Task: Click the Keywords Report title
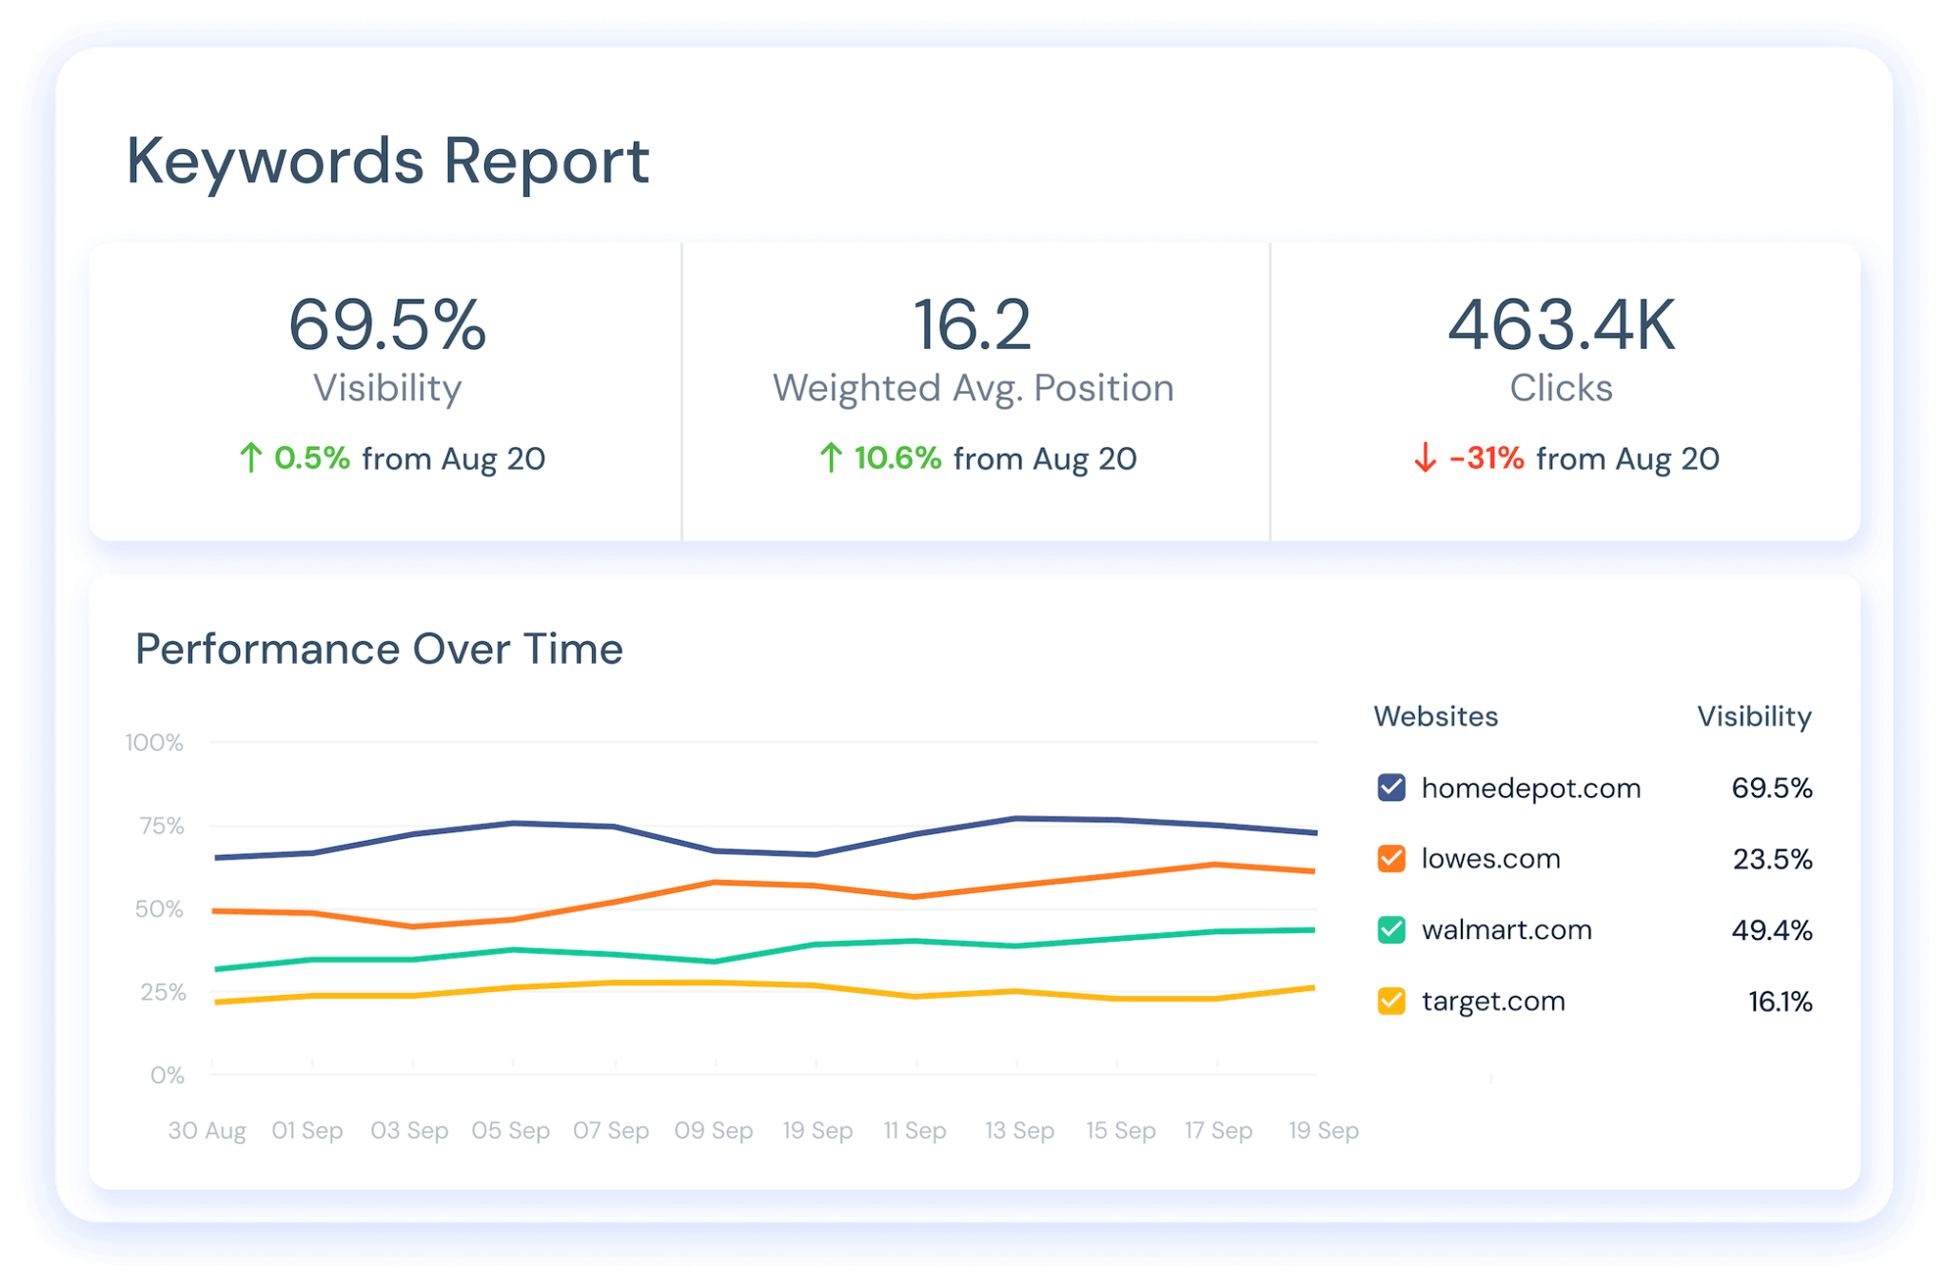click(387, 161)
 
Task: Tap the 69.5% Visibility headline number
click(387, 325)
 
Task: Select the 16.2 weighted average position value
click(972, 325)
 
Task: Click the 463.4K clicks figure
click(1561, 325)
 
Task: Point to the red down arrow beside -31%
click(1425, 458)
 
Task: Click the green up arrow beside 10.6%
click(831, 458)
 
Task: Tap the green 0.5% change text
click(312, 458)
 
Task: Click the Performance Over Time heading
click(379, 650)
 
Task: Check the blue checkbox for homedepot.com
click(1391, 788)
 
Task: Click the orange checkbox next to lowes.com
click(1391, 859)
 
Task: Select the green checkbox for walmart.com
click(1391, 929)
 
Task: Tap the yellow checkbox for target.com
click(1391, 1001)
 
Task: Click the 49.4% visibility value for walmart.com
click(1771, 929)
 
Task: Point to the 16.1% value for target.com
click(1780, 1001)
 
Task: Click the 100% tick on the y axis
click(154, 742)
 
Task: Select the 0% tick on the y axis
click(167, 1075)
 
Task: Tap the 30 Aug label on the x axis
click(207, 1130)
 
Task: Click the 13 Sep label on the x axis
click(1019, 1130)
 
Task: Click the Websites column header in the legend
click(1435, 716)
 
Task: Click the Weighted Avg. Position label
click(973, 388)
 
